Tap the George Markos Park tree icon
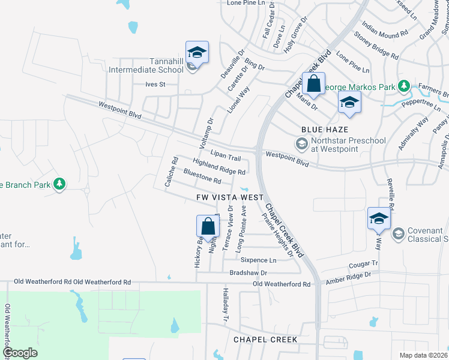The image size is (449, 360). tap(404, 86)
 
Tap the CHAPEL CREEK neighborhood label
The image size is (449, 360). tap(265, 340)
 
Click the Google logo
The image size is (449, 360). tap(20, 352)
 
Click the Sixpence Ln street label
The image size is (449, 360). tap(258, 260)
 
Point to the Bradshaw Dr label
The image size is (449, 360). tap(248, 272)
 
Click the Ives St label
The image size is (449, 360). tap(155, 85)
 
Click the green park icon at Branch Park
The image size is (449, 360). tap(59, 184)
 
